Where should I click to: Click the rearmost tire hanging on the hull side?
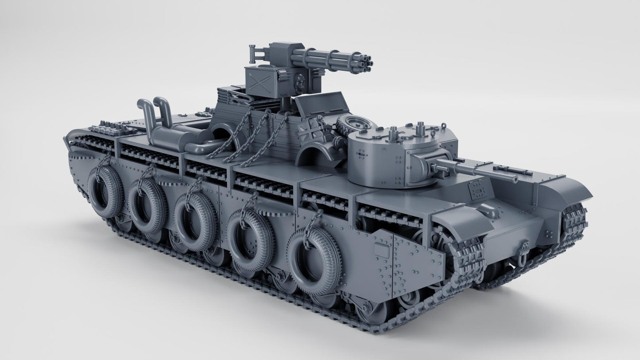(x=105, y=191)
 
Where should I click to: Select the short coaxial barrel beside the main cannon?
(x=439, y=169)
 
